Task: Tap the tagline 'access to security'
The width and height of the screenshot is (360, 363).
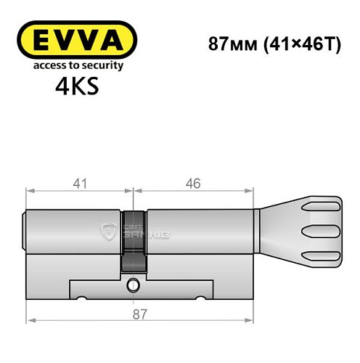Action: (x=75, y=65)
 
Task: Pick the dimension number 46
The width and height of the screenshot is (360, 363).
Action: (x=192, y=184)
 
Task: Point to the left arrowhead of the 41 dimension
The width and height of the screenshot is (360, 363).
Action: (x=29, y=192)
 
